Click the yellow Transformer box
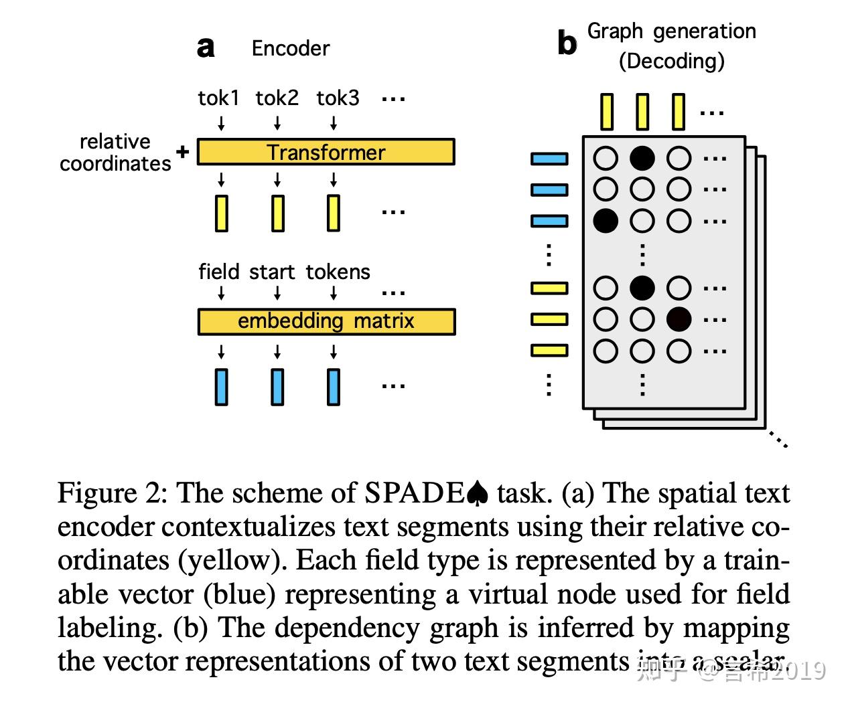pos(326,152)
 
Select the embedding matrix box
pos(326,321)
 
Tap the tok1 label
pos(218,98)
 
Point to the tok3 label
pos(338,98)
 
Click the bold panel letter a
pos(206,48)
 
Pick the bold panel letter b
pos(567,43)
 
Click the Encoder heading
pos(291,48)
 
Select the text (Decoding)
pos(671,62)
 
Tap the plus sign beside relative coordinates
pos(182,151)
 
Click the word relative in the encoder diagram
pos(115,141)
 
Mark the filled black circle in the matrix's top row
pos(642,158)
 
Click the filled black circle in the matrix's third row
pos(606,220)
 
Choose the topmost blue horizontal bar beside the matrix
pos(549,159)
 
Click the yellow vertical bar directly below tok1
pos(222,213)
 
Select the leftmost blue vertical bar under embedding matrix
pos(222,387)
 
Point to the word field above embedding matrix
pos(218,272)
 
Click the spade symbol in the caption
pos(478,494)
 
